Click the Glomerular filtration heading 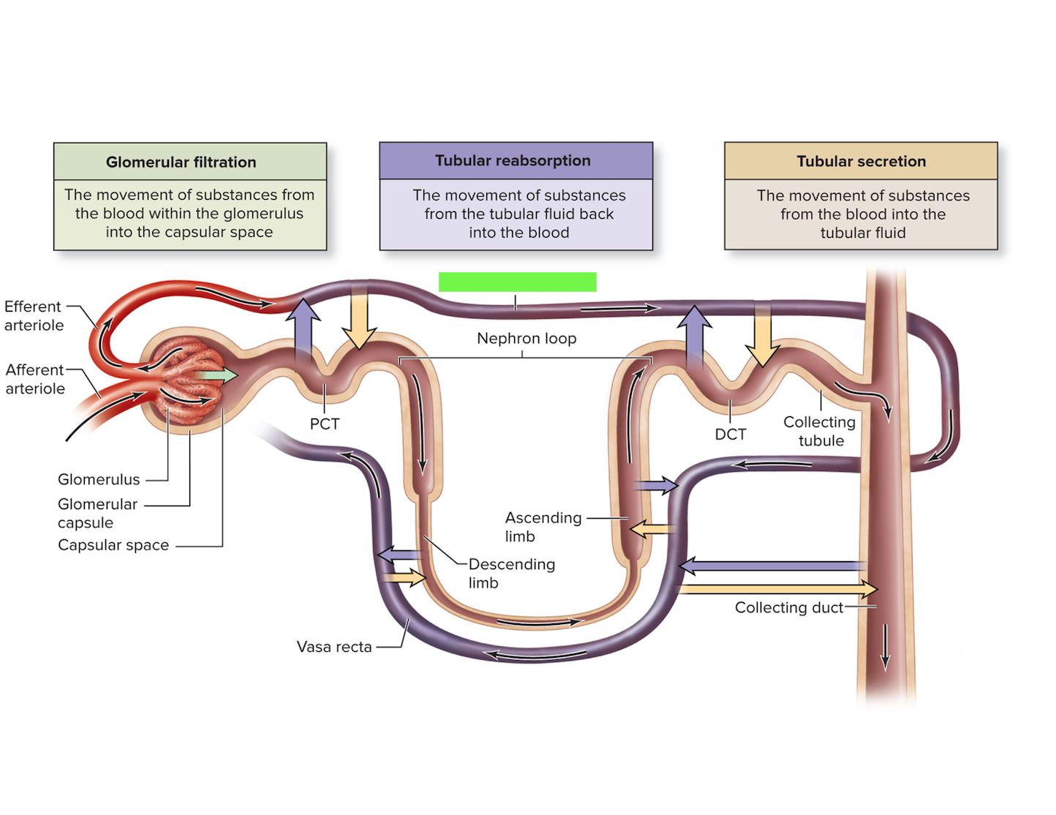coord(181,162)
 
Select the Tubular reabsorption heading coord(513,160)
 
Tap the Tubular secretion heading coord(861,161)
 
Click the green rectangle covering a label coord(518,282)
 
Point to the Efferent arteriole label coord(34,316)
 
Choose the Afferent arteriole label coord(35,379)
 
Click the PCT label coord(325,424)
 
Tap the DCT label coord(731,434)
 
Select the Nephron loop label coord(527,338)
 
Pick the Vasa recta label coord(334,646)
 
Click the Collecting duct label coord(789,607)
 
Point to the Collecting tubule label coord(820,431)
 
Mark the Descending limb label coord(511,573)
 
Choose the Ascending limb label coord(543,527)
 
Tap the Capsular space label coord(113,545)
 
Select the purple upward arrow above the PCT coord(303,331)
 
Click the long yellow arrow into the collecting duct coord(778,589)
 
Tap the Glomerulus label coord(99,479)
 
